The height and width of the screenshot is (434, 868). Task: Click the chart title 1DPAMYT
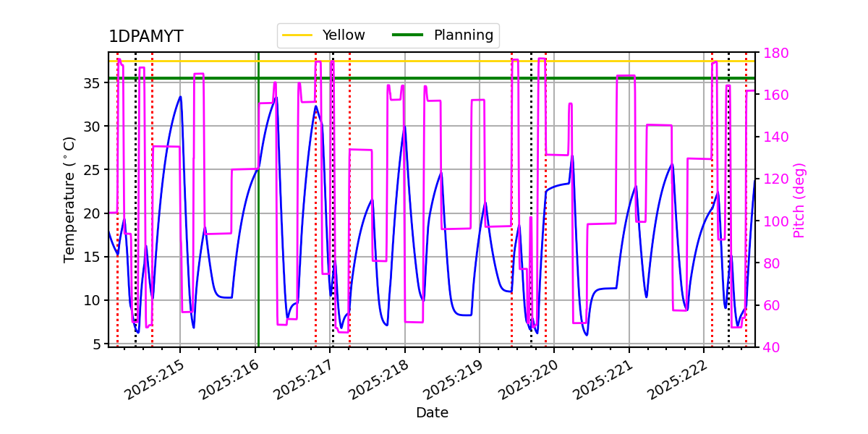click(145, 37)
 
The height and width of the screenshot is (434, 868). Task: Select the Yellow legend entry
click(344, 35)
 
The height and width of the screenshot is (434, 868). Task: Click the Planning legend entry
click(463, 35)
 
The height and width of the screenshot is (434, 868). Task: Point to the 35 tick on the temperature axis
click(93, 82)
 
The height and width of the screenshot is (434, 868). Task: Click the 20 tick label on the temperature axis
click(93, 213)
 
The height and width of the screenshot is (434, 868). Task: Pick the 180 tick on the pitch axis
click(773, 53)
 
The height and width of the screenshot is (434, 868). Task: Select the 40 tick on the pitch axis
click(770, 347)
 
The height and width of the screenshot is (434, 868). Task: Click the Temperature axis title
click(69, 200)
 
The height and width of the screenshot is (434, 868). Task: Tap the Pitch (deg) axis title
click(799, 200)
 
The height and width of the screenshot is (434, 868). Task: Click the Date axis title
click(432, 413)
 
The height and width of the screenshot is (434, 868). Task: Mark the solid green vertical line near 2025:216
click(258, 217)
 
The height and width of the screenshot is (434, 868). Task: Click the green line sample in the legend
click(407, 35)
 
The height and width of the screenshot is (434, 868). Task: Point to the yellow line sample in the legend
click(297, 35)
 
